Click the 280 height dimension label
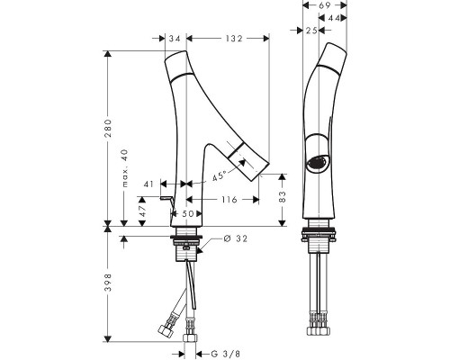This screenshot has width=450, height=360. point(108,128)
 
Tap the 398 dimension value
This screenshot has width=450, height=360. point(108,283)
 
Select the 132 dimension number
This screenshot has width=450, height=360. point(234,39)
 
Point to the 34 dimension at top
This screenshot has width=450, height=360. point(175,39)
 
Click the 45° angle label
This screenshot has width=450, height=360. point(219,176)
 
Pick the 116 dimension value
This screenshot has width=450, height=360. point(229,199)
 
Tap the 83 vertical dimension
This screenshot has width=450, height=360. point(283,197)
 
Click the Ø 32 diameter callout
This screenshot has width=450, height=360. point(236,238)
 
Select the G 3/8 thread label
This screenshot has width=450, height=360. point(226,354)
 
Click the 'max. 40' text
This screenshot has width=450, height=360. point(125,168)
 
